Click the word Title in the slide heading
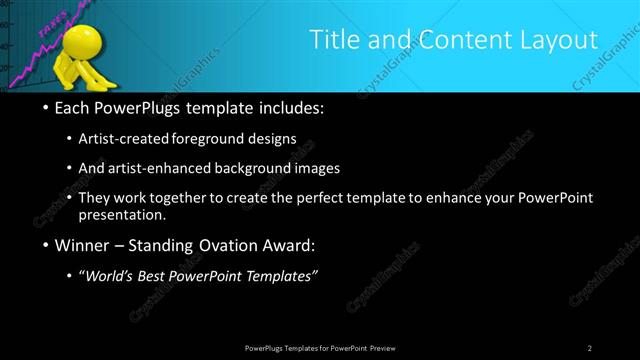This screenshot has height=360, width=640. [x=332, y=40]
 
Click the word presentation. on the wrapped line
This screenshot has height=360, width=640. [x=122, y=215]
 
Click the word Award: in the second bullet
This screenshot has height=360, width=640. [x=286, y=245]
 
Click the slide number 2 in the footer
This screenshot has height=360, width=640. [x=590, y=348]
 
